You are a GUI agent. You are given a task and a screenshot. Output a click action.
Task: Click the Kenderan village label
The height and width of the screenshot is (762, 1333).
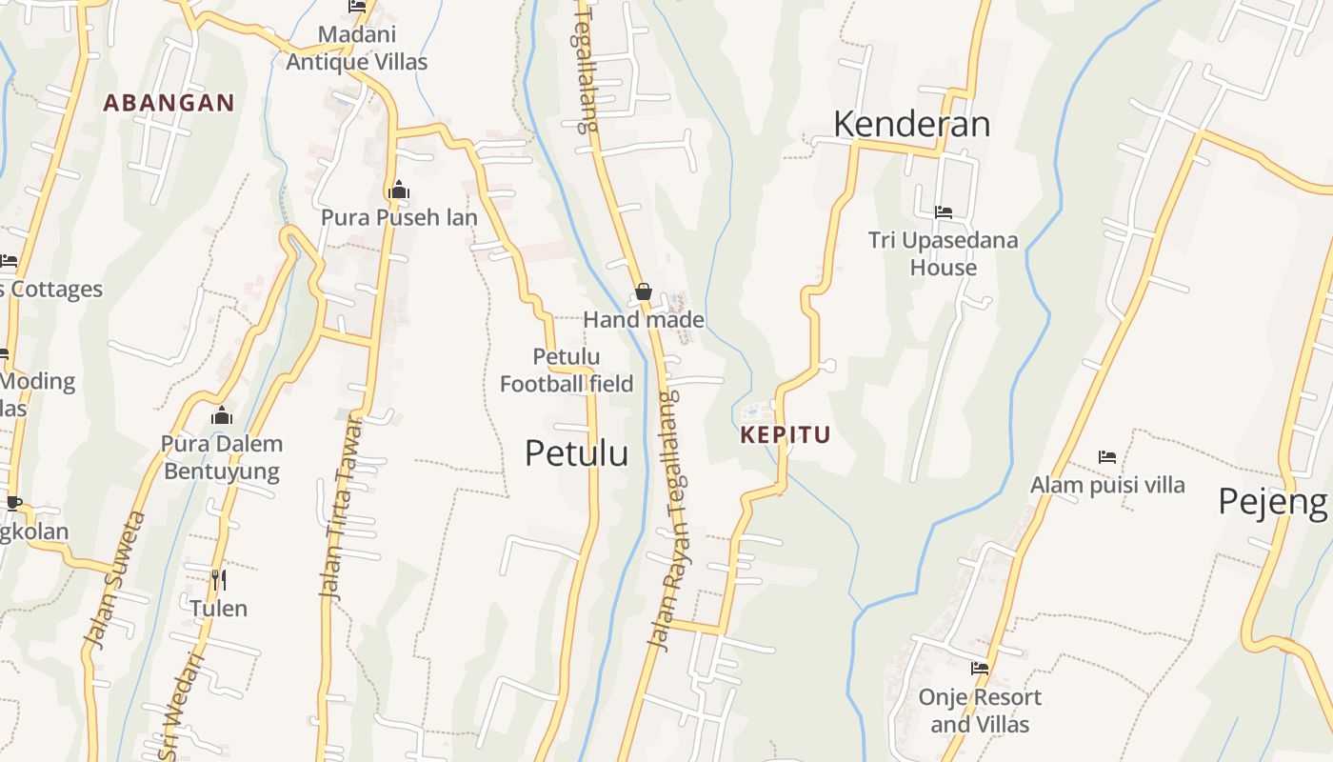click(911, 125)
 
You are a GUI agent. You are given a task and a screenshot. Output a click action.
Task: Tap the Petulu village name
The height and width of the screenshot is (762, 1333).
click(576, 453)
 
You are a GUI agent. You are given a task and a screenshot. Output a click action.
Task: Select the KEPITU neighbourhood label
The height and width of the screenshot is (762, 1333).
click(786, 435)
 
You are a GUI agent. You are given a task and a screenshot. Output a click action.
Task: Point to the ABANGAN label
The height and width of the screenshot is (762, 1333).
click(169, 103)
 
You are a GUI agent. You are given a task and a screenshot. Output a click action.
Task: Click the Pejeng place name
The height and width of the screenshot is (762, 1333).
click(1273, 501)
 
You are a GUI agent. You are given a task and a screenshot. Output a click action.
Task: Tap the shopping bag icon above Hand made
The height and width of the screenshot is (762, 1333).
click(644, 291)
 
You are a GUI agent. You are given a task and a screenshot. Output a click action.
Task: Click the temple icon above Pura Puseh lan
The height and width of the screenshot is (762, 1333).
click(399, 190)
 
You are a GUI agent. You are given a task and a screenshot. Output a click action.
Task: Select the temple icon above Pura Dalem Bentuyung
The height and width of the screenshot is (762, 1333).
click(222, 415)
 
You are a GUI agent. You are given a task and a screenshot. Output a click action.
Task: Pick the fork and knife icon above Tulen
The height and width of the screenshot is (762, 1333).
click(219, 579)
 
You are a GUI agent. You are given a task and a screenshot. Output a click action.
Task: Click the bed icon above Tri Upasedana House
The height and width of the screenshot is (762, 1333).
click(944, 211)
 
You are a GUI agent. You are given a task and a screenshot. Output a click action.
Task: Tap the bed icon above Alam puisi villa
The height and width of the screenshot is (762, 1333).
click(1107, 457)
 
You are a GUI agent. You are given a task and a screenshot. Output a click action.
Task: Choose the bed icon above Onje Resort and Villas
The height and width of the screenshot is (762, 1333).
click(980, 668)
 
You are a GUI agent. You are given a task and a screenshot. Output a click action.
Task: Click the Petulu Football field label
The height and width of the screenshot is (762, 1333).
click(567, 371)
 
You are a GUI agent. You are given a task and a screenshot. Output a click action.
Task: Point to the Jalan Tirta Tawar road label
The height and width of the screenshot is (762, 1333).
click(342, 506)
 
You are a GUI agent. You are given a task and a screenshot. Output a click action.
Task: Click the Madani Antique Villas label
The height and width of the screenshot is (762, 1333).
click(357, 49)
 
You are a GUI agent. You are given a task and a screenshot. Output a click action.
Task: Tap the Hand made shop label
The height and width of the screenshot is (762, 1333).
click(644, 320)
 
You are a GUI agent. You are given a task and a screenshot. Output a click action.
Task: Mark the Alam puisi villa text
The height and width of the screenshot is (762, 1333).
click(1107, 485)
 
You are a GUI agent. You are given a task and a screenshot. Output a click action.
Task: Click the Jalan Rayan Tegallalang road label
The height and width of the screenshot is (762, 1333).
click(674, 519)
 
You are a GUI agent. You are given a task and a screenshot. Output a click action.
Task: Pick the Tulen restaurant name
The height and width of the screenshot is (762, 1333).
click(218, 608)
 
